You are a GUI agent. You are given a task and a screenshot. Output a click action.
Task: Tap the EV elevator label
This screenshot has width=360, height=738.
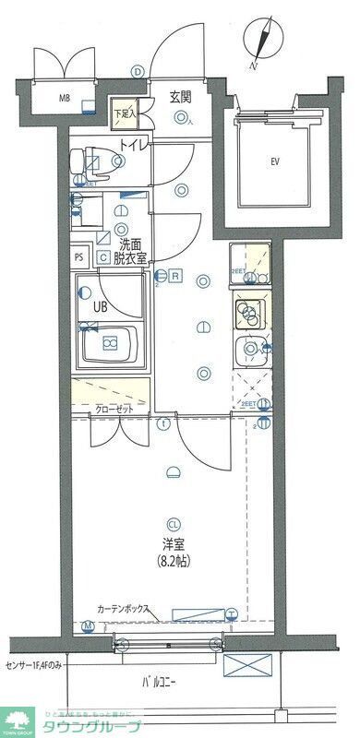coord(274,162)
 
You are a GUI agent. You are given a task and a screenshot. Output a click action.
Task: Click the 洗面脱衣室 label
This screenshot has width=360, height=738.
coord(129,252)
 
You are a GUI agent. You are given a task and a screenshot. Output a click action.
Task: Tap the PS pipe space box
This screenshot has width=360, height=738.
coord(79,257)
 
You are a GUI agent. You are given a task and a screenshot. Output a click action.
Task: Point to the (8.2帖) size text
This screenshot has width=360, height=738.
coord(173,561)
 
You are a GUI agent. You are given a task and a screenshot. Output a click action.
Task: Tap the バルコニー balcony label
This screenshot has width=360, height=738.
coord(159,684)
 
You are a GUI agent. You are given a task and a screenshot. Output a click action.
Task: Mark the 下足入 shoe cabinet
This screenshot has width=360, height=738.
coord(126,113)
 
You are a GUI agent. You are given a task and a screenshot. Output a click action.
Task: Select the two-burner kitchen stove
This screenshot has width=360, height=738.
coord(248,315)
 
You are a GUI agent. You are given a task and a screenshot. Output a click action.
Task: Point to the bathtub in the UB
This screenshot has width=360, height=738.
coord(112,345)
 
